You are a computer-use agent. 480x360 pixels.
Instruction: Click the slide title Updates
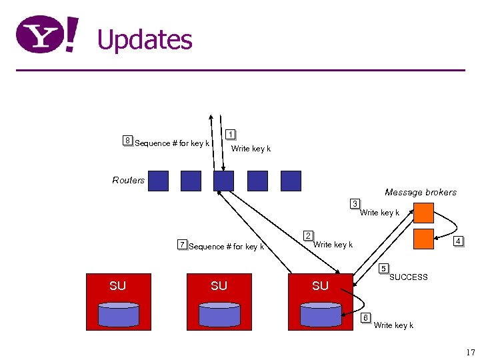coord(145,40)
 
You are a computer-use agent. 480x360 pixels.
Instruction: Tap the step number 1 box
coord(230,134)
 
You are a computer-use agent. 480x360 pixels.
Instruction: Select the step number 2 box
coord(307,235)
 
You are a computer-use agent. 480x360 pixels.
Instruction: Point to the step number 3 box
coord(356,203)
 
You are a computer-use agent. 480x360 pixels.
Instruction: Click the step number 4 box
coord(458,241)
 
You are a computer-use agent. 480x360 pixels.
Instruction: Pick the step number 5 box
coord(383,269)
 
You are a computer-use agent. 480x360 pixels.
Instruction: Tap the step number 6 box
coord(365,317)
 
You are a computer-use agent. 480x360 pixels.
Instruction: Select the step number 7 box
coord(182,244)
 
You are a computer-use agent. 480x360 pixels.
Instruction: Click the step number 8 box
coord(127,140)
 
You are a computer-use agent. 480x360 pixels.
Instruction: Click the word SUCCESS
coord(408,277)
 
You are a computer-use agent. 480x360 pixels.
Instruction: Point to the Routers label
coord(128,180)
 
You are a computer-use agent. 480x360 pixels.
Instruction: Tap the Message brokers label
coord(421,193)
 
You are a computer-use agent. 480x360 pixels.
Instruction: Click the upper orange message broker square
coord(423,213)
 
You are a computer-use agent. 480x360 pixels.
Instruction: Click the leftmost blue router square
coord(158,181)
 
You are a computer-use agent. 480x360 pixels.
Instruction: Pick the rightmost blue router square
coord(291,181)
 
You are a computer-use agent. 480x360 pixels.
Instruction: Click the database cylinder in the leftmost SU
coord(117,313)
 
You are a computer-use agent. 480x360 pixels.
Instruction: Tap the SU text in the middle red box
coord(219,286)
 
